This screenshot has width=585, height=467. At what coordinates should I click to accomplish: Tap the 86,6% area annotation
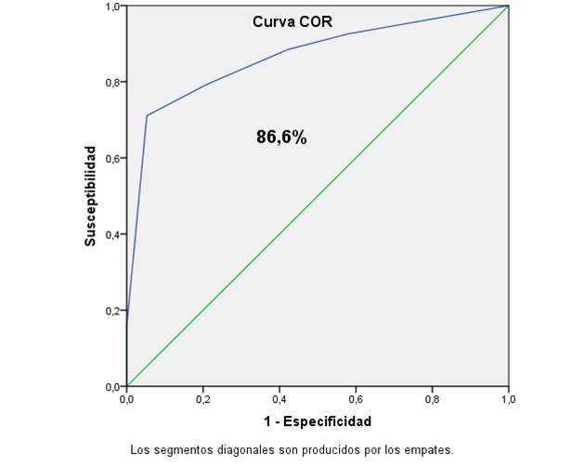pyautogui.click(x=281, y=137)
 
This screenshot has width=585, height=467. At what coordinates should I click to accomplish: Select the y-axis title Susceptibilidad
pyautogui.click(x=90, y=195)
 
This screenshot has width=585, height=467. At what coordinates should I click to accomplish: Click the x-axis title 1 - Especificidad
pyautogui.click(x=318, y=421)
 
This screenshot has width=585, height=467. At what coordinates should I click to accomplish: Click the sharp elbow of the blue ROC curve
pyautogui.click(x=147, y=115)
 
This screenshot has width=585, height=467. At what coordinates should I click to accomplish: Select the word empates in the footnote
pyautogui.click(x=428, y=449)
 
